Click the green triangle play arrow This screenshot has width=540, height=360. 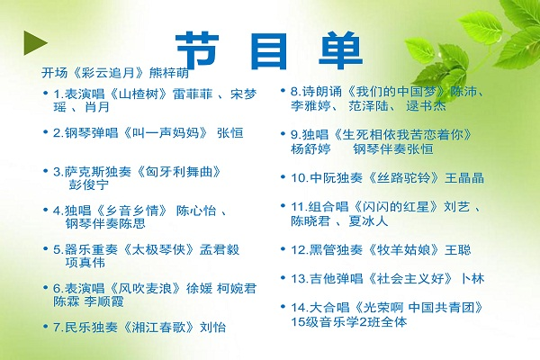pos(34,42)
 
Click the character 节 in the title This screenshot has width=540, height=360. pos(198,50)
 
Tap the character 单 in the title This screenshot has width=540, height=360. pos(340,50)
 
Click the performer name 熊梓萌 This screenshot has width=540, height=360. pos(169,73)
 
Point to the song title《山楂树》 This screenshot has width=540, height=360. pos(139,94)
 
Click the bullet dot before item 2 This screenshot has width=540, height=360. pos(46,132)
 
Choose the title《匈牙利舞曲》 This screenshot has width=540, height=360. pos(178,172)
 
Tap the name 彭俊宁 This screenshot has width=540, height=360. pos(89,184)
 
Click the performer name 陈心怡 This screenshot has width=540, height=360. pos(196,211)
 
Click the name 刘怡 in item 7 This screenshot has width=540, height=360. pos(212,327)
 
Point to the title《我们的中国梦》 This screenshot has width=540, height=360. pos(396,92)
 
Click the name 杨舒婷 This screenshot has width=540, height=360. pos(310,148)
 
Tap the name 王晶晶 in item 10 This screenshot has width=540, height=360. pos(464,178)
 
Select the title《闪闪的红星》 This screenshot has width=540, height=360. pos(396,207)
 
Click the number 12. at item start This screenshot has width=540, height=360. pos(300,250)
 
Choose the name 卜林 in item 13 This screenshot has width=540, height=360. pos(472,278)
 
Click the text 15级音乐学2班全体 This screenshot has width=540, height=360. pos(349,322)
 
